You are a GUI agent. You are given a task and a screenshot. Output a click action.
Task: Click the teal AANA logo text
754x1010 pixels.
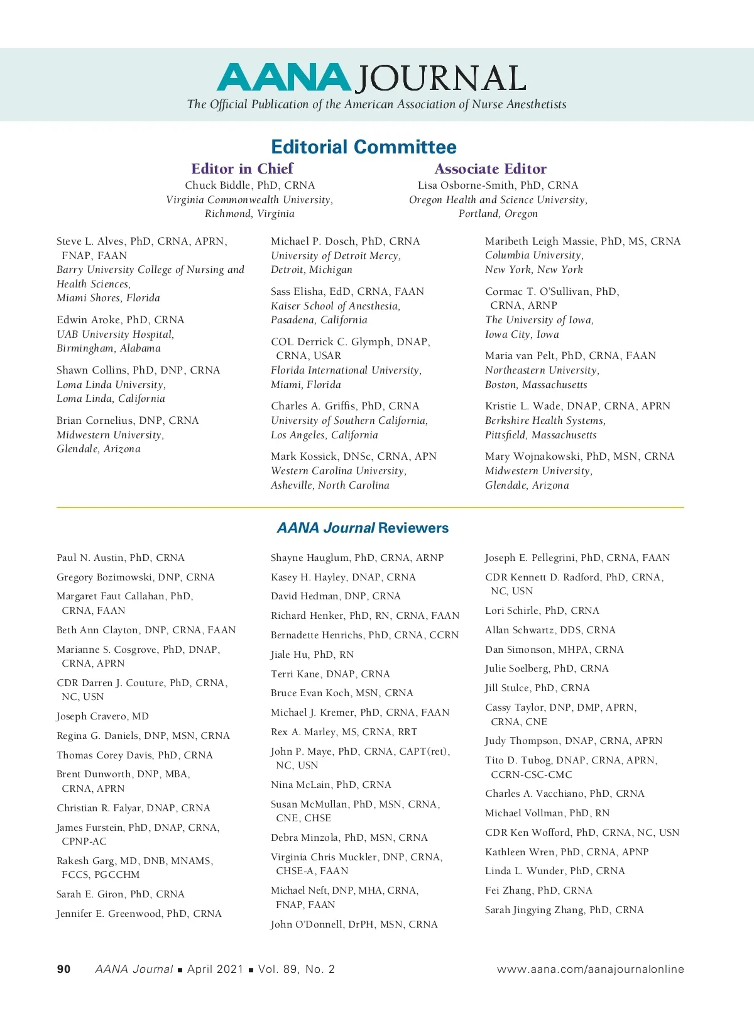coord(283,78)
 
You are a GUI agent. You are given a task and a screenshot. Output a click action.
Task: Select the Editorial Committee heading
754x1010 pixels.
coord(364,147)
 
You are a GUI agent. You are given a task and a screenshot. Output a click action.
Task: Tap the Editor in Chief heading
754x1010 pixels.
coord(242,169)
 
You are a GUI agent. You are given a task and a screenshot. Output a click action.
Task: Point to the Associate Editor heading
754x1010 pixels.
coord(491,169)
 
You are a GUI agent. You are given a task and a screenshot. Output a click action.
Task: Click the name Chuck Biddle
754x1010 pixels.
coord(217,186)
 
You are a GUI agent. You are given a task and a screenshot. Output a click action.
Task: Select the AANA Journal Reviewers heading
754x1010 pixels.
coord(363,528)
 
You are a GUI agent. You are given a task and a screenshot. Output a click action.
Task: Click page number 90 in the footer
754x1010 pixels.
coord(63,969)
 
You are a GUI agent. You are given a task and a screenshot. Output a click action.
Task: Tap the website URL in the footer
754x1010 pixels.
coord(590,969)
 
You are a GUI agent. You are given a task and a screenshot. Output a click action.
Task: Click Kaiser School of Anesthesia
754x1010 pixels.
coord(336,306)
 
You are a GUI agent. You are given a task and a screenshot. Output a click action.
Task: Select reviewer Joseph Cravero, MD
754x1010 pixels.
coord(102,716)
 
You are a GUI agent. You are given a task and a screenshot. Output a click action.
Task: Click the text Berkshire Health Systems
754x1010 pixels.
coord(545,421)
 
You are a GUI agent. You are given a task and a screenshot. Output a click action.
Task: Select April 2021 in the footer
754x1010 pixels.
coord(215,969)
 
